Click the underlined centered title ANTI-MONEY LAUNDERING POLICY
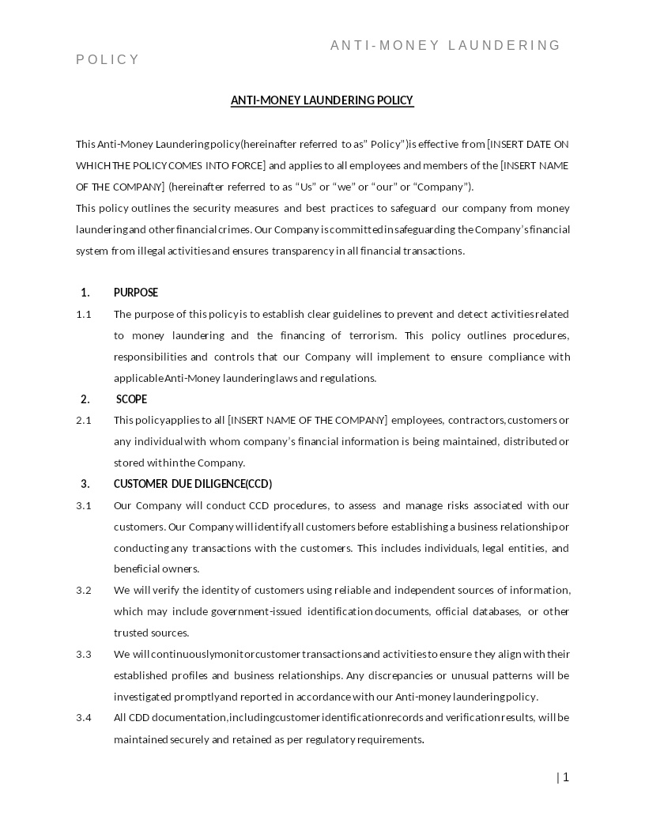point(322,100)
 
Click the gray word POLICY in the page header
point(107,60)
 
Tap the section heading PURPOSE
point(136,293)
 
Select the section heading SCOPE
point(131,399)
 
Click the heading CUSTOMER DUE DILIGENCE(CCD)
point(193,484)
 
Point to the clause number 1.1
point(84,314)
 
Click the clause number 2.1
point(84,420)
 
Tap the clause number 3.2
point(84,590)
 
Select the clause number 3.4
point(84,717)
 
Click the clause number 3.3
point(84,654)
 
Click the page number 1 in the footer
point(565,777)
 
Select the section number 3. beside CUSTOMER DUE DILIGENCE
point(85,484)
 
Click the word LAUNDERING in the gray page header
point(504,45)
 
